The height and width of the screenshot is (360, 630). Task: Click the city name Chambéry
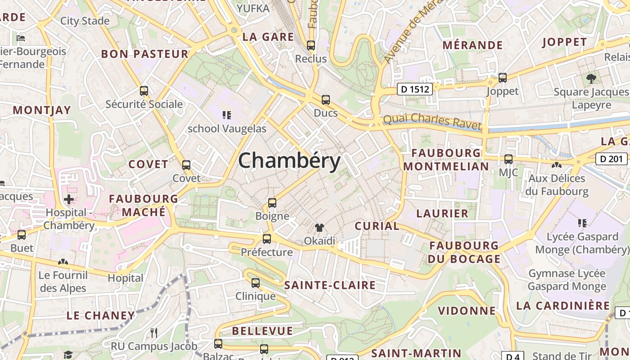tap(289, 161)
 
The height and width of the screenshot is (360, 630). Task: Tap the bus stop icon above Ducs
tap(325, 100)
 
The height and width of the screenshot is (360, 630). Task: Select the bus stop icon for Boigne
tap(272, 203)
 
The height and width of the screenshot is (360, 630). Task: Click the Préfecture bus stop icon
tap(267, 239)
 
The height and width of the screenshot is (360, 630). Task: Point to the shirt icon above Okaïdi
tap(319, 228)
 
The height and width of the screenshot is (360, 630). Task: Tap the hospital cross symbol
tap(69, 199)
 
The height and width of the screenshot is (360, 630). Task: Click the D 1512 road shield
tap(414, 90)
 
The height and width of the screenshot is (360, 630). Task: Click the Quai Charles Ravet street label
tap(432, 121)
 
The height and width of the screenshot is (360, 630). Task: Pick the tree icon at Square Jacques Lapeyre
tap(591, 79)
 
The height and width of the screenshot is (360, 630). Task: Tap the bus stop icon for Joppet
tap(503, 78)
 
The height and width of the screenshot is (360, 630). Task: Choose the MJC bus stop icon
tap(508, 159)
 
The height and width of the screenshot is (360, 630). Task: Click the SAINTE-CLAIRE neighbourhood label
tap(330, 285)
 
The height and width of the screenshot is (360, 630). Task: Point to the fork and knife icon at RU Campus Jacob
tap(154, 333)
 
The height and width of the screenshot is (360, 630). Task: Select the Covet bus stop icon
tap(186, 165)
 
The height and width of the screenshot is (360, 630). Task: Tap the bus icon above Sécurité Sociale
tap(144, 91)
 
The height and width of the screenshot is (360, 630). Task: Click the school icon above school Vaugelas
tap(227, 115)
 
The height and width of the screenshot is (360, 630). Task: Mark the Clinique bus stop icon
tap(256, 283)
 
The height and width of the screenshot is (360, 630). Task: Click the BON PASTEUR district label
tap(144, 54)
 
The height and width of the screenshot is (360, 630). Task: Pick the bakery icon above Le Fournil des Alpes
tap(63, 262)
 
